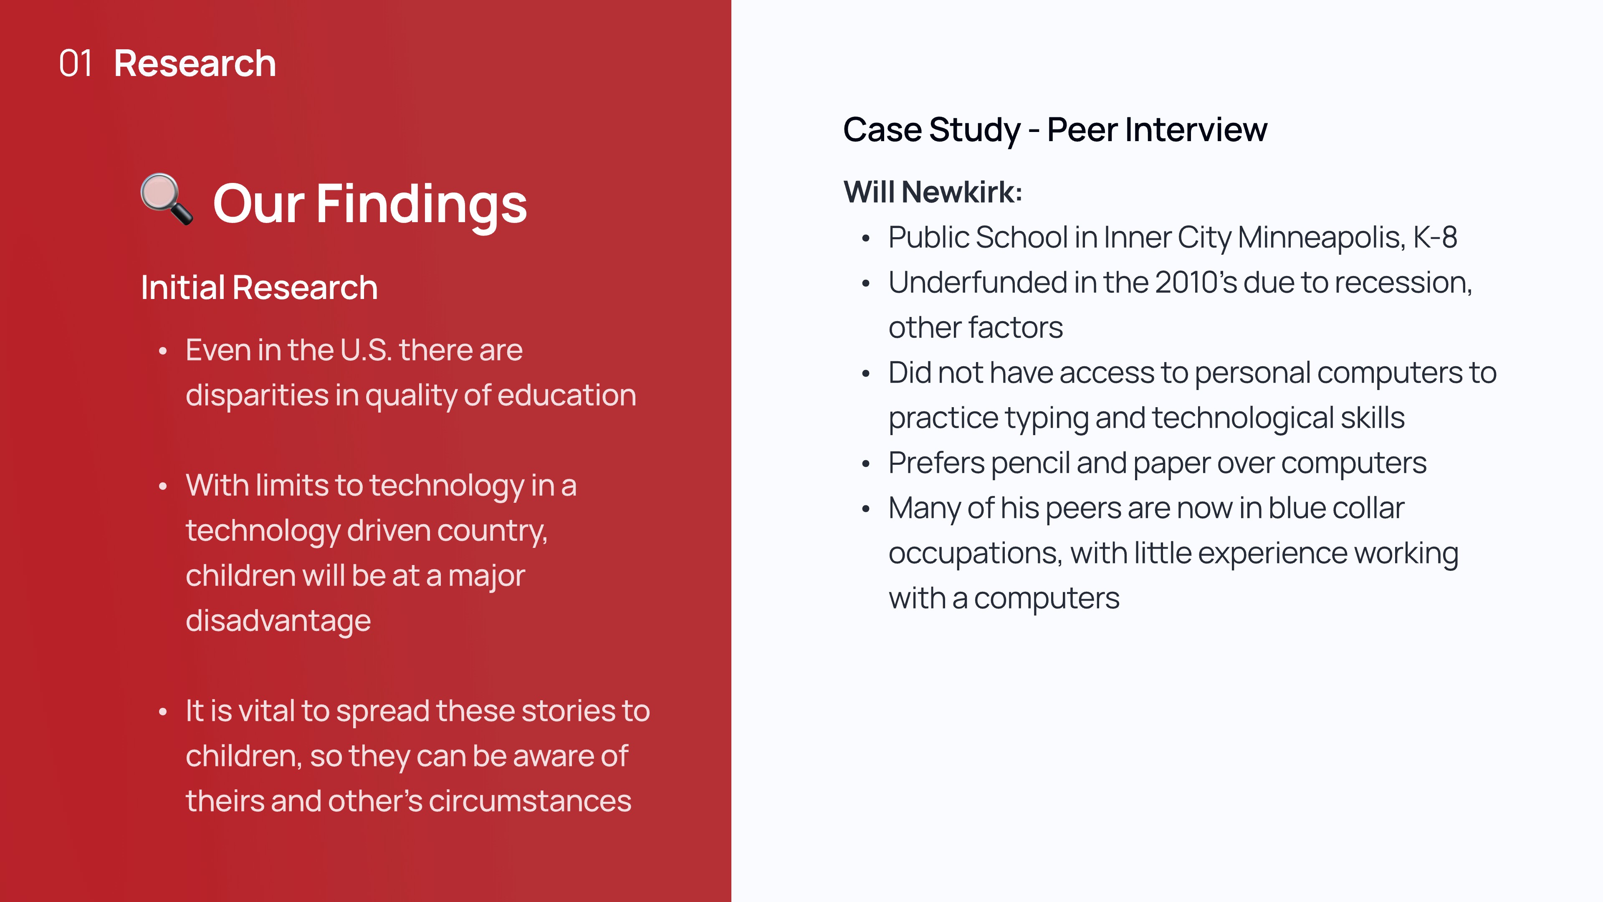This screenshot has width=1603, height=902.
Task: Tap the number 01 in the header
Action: pos(75,63)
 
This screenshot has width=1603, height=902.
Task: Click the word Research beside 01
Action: pos(195,63)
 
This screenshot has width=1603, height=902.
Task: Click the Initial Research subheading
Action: pos(259,288)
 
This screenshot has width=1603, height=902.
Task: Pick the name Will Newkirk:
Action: pos(932,192)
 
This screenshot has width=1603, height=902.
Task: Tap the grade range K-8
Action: pos(1435,238)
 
